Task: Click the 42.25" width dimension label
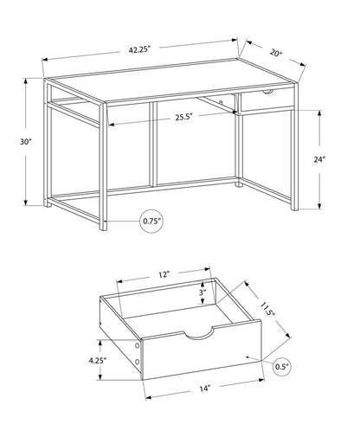[x=140, y=48]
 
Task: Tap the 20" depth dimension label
[x=275, y=52]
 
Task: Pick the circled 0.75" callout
[x=151, y=222]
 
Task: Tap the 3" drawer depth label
[x=201, y=294]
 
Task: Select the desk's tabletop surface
[x=173, y=79]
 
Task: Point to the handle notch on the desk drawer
[x=267, y=92]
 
